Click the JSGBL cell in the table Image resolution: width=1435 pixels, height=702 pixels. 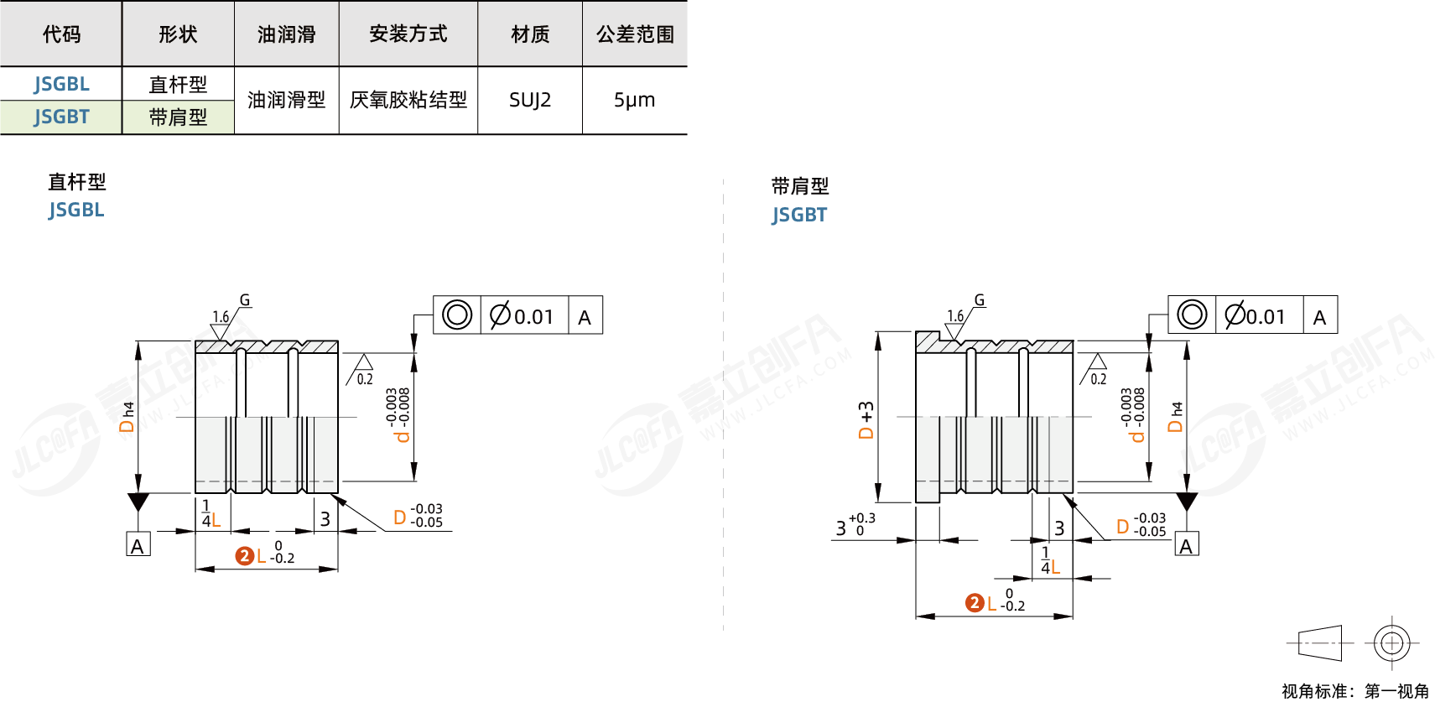pos(61,84)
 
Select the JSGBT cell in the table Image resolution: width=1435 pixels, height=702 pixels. pos(61,117)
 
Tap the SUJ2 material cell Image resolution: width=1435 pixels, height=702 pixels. pos(530,101)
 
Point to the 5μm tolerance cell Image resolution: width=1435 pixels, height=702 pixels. pos(634,101)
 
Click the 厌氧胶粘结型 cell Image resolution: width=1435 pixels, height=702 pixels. pos(408,101)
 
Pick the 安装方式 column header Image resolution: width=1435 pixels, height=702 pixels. pos(408,34)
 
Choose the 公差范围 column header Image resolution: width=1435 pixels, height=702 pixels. pos(635,34)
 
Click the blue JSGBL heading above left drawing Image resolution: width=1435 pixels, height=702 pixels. pos(76,210)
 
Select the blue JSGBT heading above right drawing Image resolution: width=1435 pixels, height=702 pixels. pos(799,215)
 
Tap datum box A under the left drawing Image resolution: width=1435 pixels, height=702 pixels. pos(138,545)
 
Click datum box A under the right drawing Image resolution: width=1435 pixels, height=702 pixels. pos(1186,545)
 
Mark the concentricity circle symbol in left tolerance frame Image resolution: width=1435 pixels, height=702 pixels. pos(457,315)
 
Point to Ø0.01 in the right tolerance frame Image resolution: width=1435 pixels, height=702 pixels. pos(1256,316)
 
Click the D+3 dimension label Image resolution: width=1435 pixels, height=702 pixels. pos(866,419)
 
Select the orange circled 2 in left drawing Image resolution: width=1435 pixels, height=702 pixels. pos(244,556)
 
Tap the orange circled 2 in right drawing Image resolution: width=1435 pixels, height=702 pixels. pos(975,603)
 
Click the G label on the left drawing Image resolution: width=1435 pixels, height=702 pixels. pos(245,299)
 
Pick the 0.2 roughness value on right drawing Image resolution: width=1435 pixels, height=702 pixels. pos(1098,379)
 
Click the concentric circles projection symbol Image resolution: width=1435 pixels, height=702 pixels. pos(1391,643)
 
